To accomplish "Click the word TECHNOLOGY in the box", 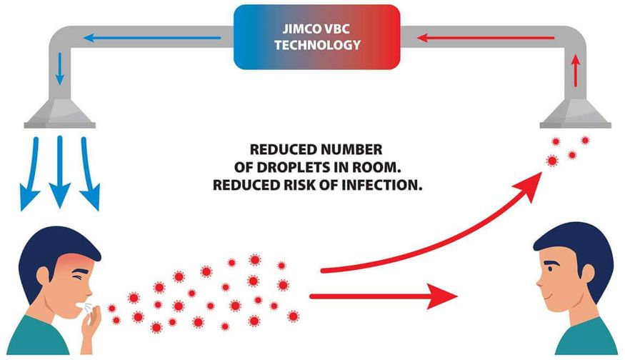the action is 317,45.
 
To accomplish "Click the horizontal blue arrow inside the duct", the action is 152,38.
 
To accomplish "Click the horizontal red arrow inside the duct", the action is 486,38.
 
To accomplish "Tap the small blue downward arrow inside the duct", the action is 60,69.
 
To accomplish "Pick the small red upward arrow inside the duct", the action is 575,71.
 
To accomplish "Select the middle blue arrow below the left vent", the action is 60,171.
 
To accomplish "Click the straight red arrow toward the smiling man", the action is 384,296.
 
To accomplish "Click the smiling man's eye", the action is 550,268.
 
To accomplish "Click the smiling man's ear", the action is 586,274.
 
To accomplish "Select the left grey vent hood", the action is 60,114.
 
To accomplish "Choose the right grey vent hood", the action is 575,114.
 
